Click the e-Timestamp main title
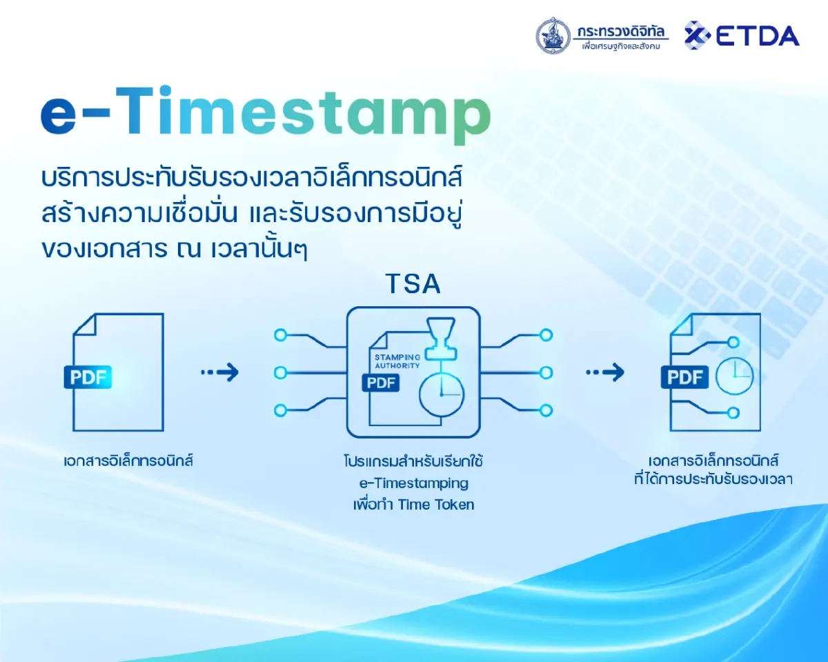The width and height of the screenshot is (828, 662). (x=266, y=113)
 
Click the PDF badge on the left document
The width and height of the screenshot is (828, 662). (x=88, y=377)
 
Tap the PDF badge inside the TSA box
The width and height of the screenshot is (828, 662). (x=382, y=383)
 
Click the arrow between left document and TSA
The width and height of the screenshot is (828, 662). (x=220, y=373)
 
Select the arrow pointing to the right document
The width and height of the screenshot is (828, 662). (x=605, y=373)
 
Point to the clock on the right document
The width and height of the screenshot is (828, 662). (x=734, y=377)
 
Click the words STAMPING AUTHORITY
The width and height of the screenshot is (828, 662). (x=397, y=361)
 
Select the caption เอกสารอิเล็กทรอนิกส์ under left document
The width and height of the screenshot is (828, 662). (x=128, y=461)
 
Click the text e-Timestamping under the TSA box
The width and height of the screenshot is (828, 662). (x=413, y=482)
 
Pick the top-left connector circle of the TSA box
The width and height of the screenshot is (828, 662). (x=280, y=336)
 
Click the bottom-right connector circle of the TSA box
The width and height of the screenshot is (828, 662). (x=546, y=410)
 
